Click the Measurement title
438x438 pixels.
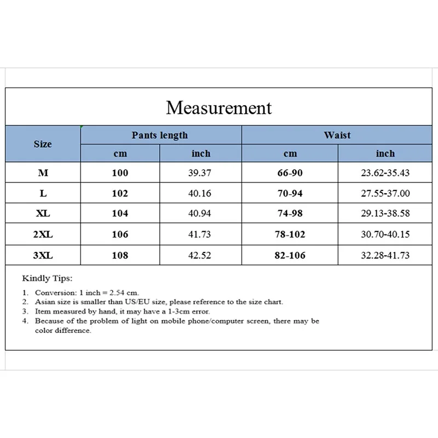(x=218, y=107)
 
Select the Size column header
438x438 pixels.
(x=43, y=144)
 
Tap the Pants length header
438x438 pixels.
(x=159, y=135)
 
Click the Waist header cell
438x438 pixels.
(x=337, y=135)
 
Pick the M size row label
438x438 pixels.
(x=43, y=173)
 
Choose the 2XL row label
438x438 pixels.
(x=43, y=234)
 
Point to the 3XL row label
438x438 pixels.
(x=43, y=255)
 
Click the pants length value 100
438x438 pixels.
(x=120, y=173)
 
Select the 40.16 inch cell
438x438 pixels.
(x=201, y=193)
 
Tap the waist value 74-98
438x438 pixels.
(x=290, y=214)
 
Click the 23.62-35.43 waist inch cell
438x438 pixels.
(x=385, y=173)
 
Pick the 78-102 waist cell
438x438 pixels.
(x=290, y=234)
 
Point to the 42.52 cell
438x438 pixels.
(x=201, y=255)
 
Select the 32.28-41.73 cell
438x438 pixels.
(x=385, y=255)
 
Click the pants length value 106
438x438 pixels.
(x=120, y=234)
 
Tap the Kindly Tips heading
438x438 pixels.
(x=47, y=279)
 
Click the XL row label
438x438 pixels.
(x=43, y=214)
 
